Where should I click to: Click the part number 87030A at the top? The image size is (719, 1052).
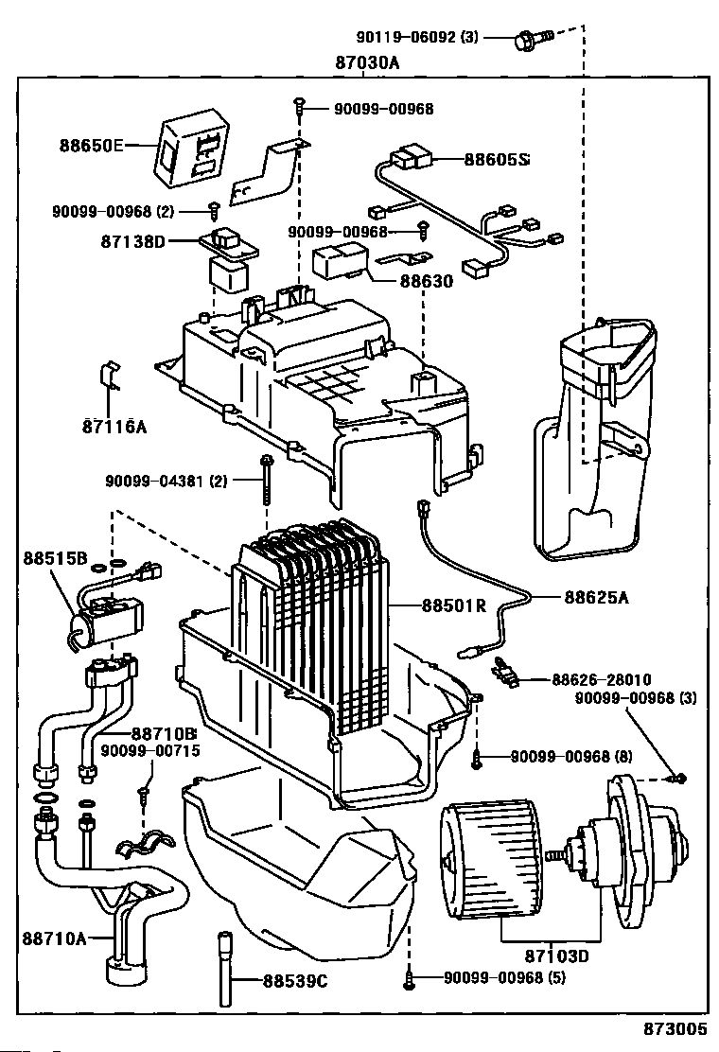click(x=367, y=63)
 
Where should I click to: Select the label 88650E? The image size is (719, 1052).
click(x=92, y=146)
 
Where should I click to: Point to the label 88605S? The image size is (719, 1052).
click(x=496, y=160)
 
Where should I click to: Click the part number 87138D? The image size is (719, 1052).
click(x=132, y=241)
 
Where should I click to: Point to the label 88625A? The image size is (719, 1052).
click(x=597, y=597)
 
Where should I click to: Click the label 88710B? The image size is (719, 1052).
click(x=164, y=733)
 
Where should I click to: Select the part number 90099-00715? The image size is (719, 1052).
click(x=151, y=751)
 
